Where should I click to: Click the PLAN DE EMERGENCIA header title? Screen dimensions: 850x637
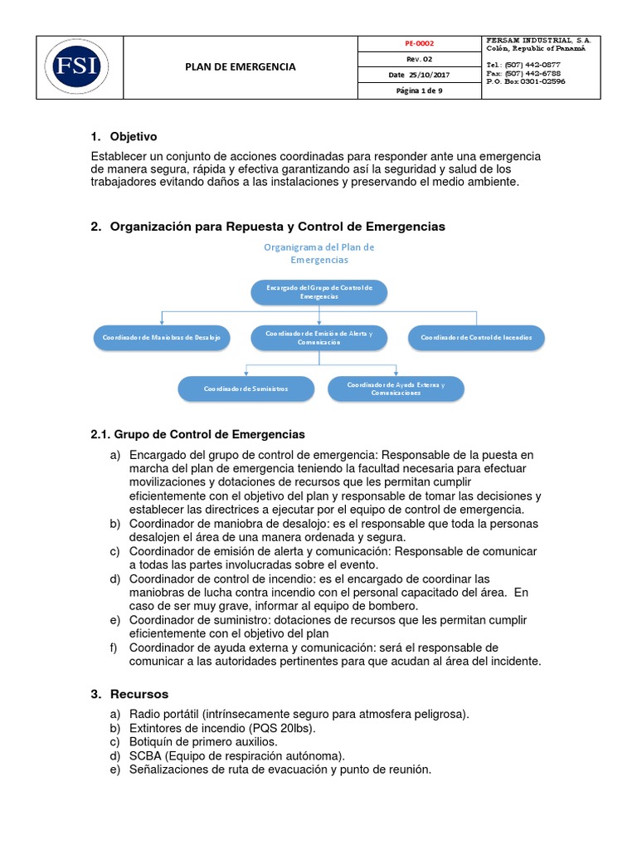tap(240, 67)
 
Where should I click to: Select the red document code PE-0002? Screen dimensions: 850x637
tap(418, 43)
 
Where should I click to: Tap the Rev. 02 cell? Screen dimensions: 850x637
tap(418, 59)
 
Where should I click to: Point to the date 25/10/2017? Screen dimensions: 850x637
tap(428, 75)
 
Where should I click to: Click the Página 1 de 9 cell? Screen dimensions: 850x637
tap(418, 90)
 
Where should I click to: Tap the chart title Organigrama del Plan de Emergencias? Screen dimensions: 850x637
tap(319, 253)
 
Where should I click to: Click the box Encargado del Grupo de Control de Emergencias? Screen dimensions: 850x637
tap(319, 291)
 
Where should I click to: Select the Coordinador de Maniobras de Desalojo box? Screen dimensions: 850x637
tap(161, 338)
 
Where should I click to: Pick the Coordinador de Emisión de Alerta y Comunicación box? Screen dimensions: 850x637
tap(319, 337)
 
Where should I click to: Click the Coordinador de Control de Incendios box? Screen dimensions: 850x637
tap(477, 338)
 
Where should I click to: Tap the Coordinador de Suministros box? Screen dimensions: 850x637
tap(246, 388)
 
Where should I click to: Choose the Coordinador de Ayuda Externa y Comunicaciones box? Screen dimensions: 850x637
tap(396, 388)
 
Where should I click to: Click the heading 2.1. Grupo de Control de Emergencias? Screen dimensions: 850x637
tap(197, 434)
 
